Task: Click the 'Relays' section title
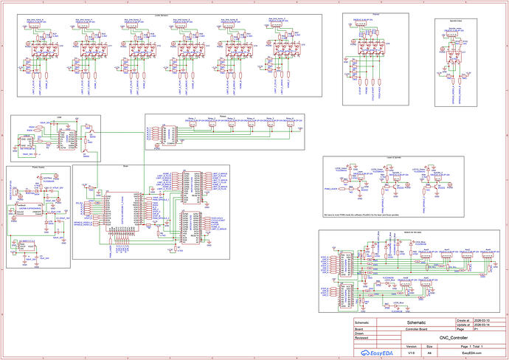[x=222, y=116]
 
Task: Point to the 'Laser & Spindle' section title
[x=392, y=159]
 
